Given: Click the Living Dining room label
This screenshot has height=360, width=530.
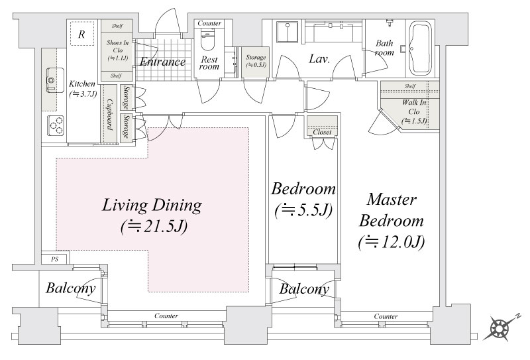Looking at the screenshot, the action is [x=152, y=206].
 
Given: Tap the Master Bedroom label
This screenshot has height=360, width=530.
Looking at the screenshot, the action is [x=392, y=210].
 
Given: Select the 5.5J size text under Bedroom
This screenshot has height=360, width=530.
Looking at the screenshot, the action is [x=303, y=211].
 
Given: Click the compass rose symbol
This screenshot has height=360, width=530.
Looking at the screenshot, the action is [x=498, y=328].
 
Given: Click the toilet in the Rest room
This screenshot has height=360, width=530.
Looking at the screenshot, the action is [x=208, y=40].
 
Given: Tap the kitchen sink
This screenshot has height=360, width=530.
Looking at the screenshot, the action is [x=54, y=80].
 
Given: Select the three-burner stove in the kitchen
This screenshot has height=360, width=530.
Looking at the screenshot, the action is [x=56, y=125].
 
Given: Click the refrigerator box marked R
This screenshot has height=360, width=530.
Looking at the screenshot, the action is [x=81, y=34].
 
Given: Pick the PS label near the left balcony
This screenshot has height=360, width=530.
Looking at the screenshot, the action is [x=55, y=259].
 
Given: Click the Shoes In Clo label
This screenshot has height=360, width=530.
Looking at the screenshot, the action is [x=118, y=50].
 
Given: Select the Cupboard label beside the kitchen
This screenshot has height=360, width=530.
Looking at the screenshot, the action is [x=109, y=114].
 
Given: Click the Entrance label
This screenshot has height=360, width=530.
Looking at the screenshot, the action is [x=162, y=62].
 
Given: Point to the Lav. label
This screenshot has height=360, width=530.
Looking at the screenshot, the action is [x=319, y=59].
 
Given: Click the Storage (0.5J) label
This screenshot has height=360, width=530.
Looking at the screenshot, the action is [x=256, y=61].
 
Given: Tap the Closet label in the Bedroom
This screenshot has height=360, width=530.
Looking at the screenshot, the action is [x=322, y=132].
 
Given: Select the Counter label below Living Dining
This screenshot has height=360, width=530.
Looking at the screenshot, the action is [x=166, y=316].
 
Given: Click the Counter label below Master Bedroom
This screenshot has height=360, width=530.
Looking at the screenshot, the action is [x=386, y=316].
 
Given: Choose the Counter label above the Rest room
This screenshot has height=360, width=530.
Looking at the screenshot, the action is [x=209, y=23].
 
